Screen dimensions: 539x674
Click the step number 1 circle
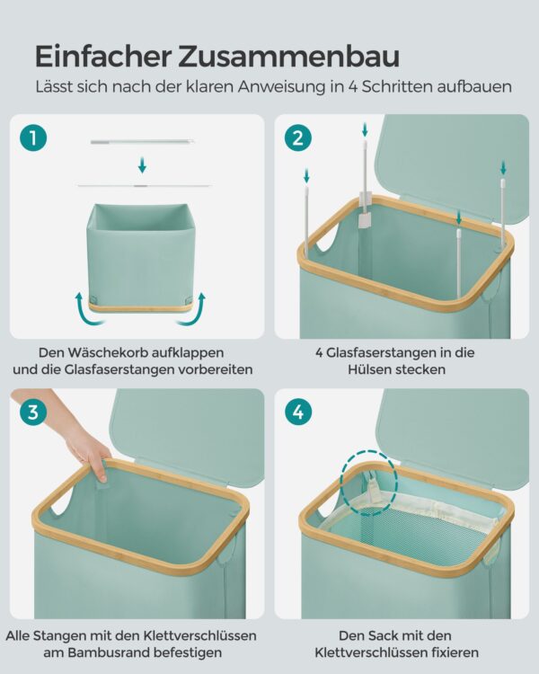tap(33, 138)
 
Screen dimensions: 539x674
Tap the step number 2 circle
tap(298, 138)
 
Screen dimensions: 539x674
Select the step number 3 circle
tap(33, 412)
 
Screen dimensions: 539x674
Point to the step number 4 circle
tap(298, 412)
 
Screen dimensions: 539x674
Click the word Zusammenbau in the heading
tap(289, 56)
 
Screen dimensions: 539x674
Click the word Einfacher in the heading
tap(103, 56)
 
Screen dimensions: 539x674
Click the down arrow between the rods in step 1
tap(142, 165)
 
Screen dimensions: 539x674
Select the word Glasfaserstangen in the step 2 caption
tap(378, 353)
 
